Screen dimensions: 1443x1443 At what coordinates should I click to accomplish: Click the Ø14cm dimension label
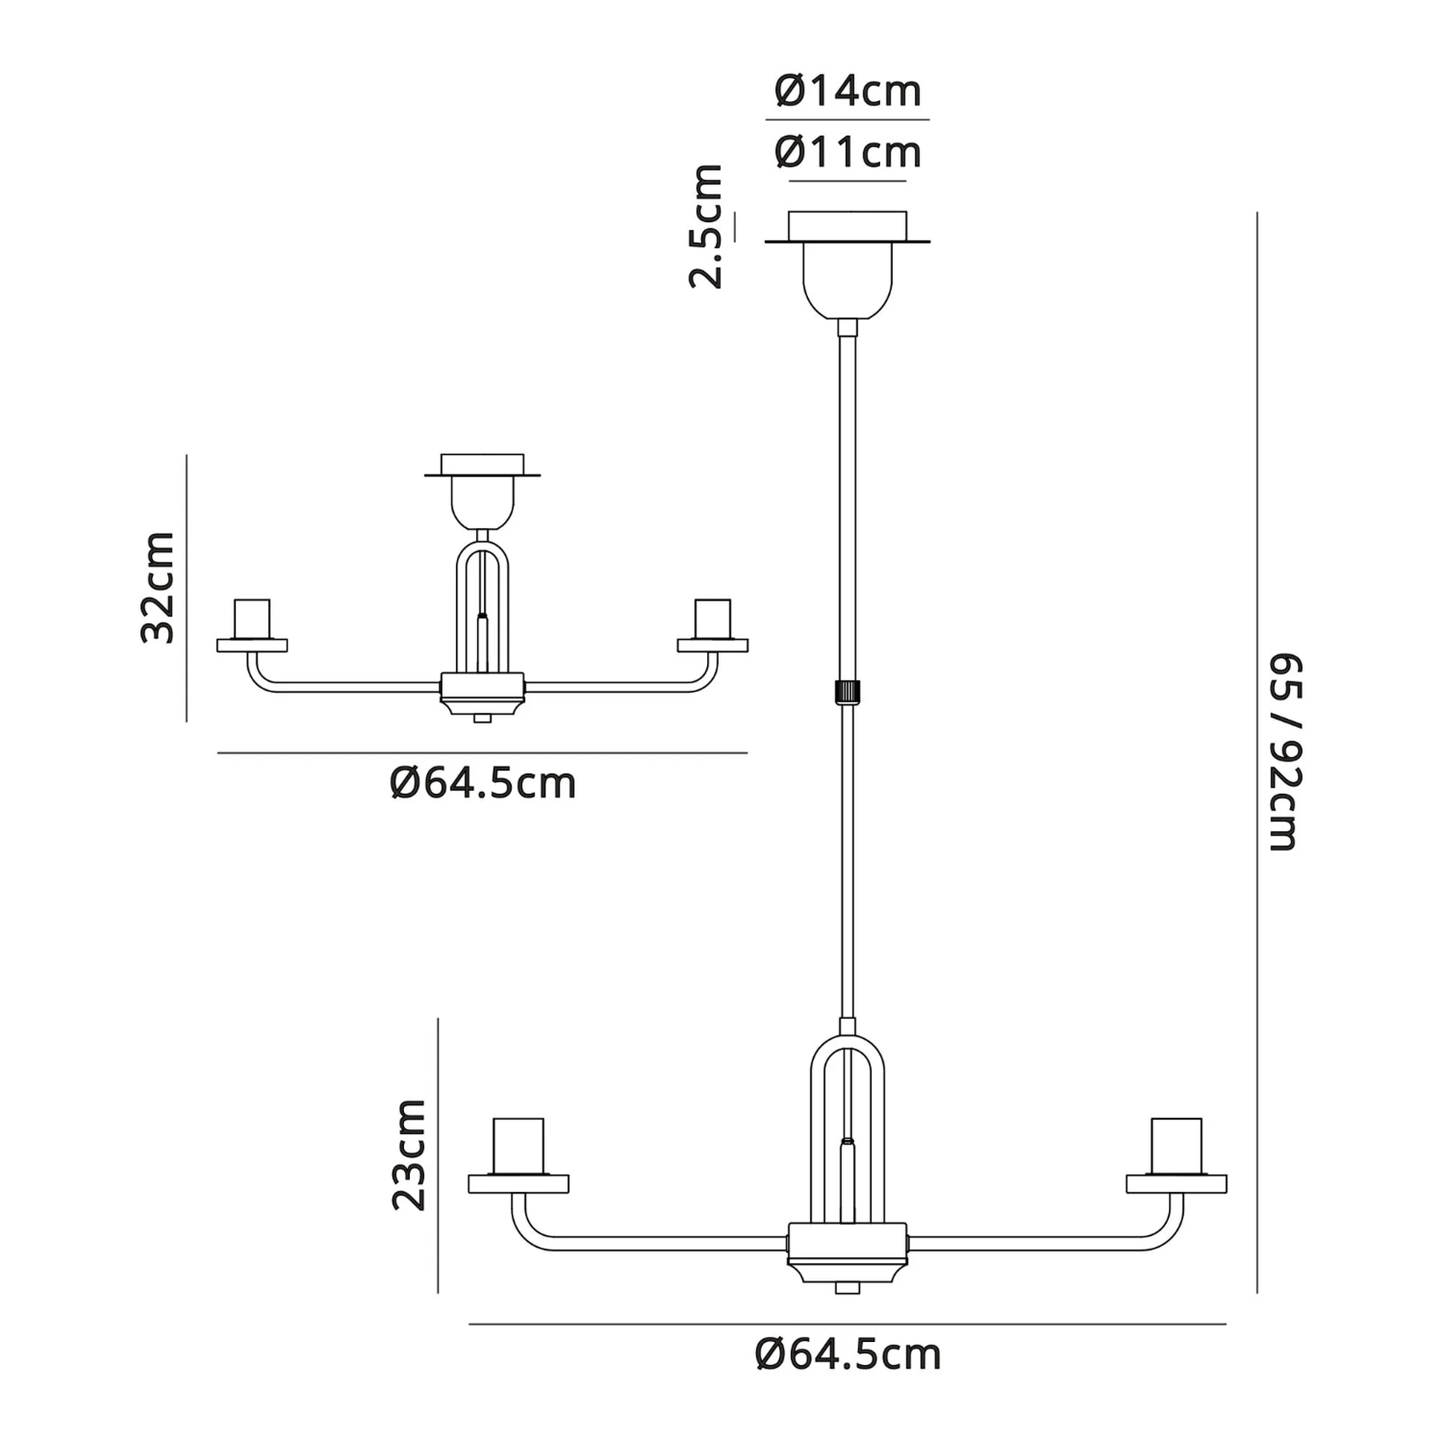tap(848, 91)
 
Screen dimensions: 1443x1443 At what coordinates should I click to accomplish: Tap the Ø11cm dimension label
tap(848, 153)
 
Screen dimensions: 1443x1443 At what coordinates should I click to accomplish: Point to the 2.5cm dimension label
tap(706, 227)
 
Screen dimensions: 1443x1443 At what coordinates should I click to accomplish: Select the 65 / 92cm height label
tap(1283, 752)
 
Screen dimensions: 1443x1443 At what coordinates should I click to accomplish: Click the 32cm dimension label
tap(158, 587)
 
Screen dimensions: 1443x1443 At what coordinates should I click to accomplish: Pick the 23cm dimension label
tap(408, 1154)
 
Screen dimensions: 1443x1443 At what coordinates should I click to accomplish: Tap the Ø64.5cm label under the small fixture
tap(483, 783)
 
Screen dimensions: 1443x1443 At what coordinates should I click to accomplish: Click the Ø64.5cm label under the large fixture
tap(848, 1356)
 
